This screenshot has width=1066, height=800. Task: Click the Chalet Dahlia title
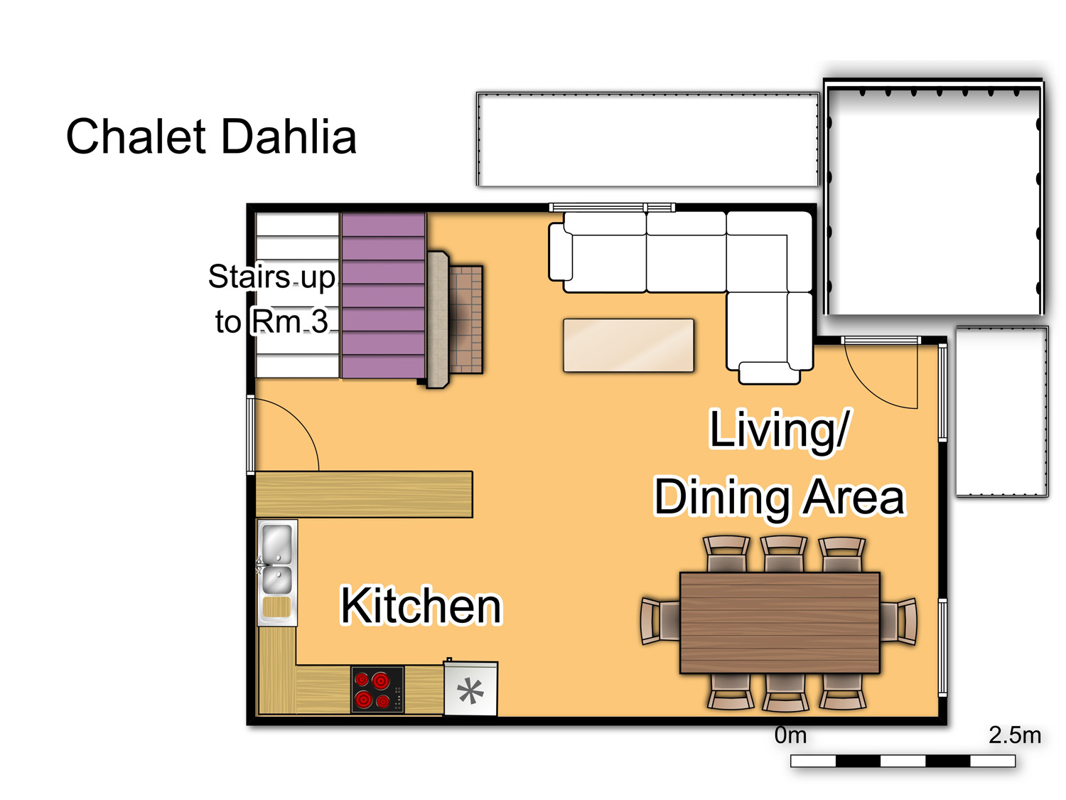pyautogui.click(x=211, y=137)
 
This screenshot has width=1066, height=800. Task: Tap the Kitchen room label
pyautogui.click(x=421, y=605)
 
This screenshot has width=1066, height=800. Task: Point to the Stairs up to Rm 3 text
pyautogui.click(x=272, y=299)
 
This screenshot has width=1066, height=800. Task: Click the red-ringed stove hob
pyautogui.click(x=377, y=689)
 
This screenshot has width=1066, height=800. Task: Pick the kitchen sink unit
pyautogui.click(x=277, y=572)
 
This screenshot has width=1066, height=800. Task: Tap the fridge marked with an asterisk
pyautogui.click(x=470, y=688)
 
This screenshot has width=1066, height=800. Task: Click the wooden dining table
pyautogui.click(x=780, y=623)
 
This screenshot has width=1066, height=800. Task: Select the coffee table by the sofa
pyautogui.click(x=628, y=346)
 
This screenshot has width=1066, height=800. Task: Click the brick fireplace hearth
pyautogui.click(x=465, y=319)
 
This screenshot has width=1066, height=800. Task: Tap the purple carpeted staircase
pyautogui.click(x=383, y=295)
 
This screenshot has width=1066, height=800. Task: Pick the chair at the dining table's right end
pyautogui.click(x=898, y=622)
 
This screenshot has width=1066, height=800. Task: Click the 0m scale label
pyautogui.click(x=790, y=735)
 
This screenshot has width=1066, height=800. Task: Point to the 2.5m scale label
pyautogui.click(x=1015, y=735)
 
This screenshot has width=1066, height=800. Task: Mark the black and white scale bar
pyautogui.click(x=903, y=761)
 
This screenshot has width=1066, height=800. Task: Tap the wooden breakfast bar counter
pyautogui.click(x=364, y=494)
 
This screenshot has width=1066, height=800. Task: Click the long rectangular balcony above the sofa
pyautogui.click(x=647, y=139)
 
